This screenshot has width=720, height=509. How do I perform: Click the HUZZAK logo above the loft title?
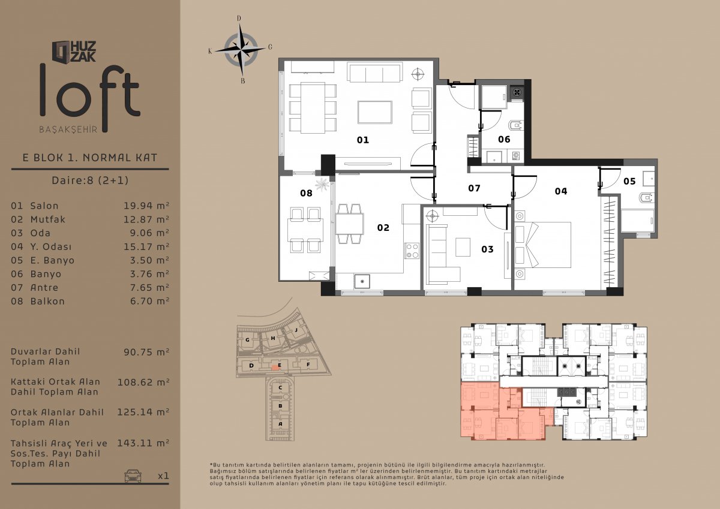pyautogui.click(x=74, y=52)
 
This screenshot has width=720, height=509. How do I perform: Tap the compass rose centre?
pyautogui.click(x=241, y=50)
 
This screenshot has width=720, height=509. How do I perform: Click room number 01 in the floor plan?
pyautogui.click(x=363, y=140)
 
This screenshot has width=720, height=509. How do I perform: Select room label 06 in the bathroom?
pyautogui.click(x=504, y=139)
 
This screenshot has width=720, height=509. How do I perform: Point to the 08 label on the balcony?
pyautogui.click(x=306, y=193)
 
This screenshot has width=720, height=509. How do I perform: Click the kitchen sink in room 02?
pyautogui.click(x=362, y=282)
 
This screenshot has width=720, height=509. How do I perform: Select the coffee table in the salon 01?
pyautogui.click(x=375, y=112)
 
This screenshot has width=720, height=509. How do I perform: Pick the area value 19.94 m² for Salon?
pyautogui.click(x=146, y=206)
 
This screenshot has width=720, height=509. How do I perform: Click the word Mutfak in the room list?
pyautogui.click(x=48, y=219)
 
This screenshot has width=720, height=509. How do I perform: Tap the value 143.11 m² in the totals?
pyautogui.click(x=143, y=443)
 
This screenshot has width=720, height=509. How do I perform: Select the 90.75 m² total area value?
pyautogui.click(x=146, y=352)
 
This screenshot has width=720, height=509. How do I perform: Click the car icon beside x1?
pyautogui.click(x=133, y=475)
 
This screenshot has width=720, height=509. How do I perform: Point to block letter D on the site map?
pyautogui.click(x=251, y=366)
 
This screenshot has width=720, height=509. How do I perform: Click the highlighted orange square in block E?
pyautogui.click(x=275, y=368)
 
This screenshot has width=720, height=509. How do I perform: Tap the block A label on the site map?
pyautogui.click(x=280, y=424)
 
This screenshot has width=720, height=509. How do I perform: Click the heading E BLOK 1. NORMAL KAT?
pyautogui.click(x=90, y=158)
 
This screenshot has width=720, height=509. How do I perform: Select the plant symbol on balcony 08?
pyautogui.click(x=322, y=185)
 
